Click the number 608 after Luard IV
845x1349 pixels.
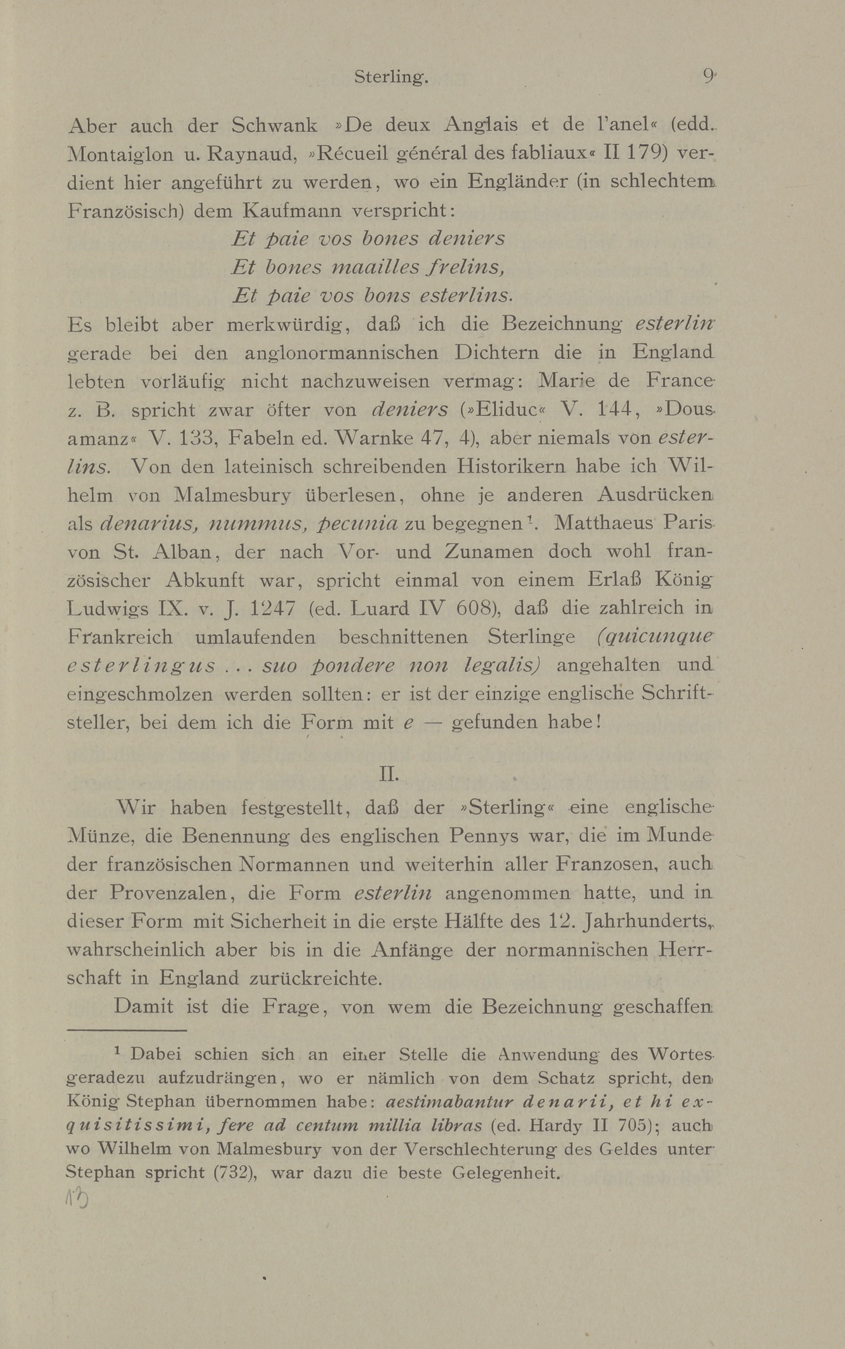[475, 608]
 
